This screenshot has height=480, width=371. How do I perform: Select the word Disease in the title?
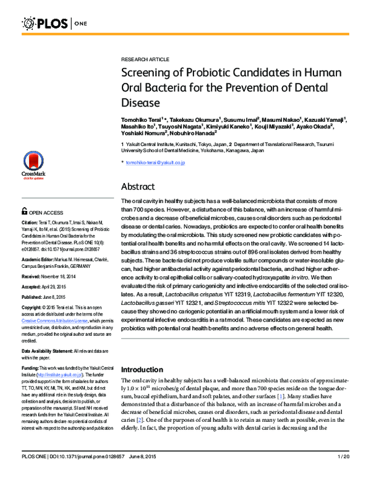pyautogui.click(x=140, y=101)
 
